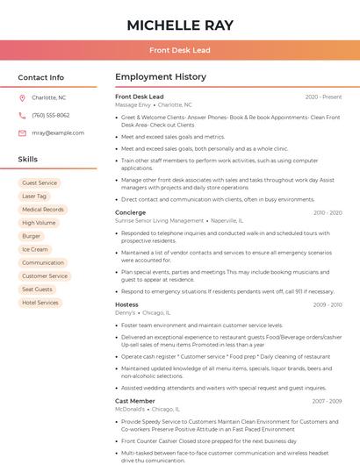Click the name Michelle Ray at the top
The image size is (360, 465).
[179, 25]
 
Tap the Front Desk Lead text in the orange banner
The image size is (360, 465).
[179, 51]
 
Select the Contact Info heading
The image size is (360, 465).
[41, 77]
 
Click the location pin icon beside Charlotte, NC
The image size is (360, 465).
[22, 97]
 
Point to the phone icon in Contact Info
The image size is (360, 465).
[22, 115]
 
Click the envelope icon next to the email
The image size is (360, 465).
[22, 132]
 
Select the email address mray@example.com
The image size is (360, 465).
[58, 132]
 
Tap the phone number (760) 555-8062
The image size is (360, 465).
[51, 115]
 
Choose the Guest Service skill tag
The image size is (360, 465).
[40, 182]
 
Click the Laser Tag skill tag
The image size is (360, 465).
[35, 196]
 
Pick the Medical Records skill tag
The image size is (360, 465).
[43, 210]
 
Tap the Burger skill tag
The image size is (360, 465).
[32, 236]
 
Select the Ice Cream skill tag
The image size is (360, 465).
[34, 249]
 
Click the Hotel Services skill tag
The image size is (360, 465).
[40, 303]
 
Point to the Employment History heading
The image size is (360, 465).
[161, 77]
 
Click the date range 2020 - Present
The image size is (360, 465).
[323, 97]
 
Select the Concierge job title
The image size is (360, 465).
[130, 212]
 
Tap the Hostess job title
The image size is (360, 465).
[126, 304]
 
